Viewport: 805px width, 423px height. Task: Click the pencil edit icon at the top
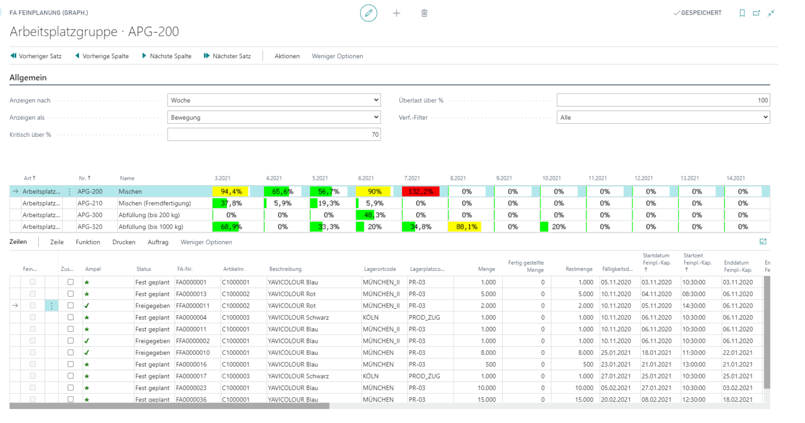368,13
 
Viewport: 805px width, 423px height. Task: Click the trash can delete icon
424,13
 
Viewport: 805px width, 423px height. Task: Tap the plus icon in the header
396,13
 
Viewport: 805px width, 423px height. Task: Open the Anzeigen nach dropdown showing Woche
274,100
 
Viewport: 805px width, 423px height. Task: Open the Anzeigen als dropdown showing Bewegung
274,117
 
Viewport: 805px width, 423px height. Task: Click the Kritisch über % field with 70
274,135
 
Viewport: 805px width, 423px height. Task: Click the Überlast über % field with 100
663,100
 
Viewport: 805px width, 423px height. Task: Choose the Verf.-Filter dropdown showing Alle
663,117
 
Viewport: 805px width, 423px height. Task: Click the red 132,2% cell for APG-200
420,191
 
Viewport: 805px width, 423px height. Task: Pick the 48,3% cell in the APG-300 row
374,215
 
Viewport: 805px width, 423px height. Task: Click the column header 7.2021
412,178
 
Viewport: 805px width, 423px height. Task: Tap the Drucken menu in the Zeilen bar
124,242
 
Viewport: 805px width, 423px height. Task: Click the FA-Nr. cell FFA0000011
193,306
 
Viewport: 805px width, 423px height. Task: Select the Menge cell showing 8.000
487,353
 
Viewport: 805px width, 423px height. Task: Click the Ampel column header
93,269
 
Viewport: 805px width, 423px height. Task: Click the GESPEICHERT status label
701,13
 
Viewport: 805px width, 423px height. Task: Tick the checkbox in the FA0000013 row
70,294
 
